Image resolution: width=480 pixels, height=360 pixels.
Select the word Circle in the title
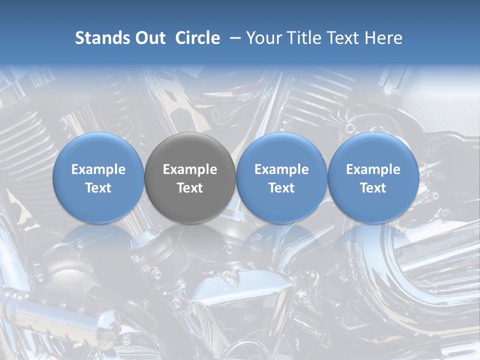pyautogui.click(x=197, y=38)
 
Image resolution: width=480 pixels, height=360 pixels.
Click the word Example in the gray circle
pyautogui.click(x=190, y=169)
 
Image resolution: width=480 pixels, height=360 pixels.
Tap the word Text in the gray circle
pyautogui.click(x=190, y=188)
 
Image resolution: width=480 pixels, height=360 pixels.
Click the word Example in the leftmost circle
pyautogui.click(x=98, y=169)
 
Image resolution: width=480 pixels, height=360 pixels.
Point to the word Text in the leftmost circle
pyautogui.click(x=98, y=188)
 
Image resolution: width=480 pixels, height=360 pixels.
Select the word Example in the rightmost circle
pyautogui.click(x=373, y=169)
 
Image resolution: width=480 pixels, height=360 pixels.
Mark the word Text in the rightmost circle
pyautogui.click(x=373, y=188)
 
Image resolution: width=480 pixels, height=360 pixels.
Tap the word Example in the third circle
pyautogui.click(x=281, y=169)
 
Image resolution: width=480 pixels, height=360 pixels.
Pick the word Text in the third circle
pyautogui.click(x=281, y=188)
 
